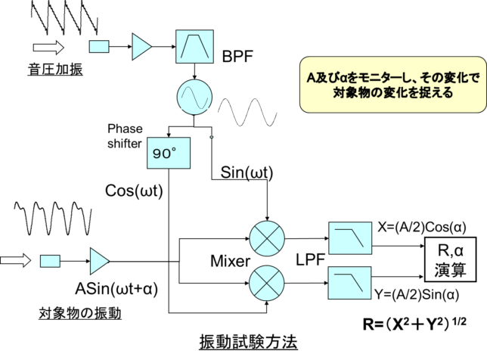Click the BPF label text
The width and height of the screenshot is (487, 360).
pos(237,57)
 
